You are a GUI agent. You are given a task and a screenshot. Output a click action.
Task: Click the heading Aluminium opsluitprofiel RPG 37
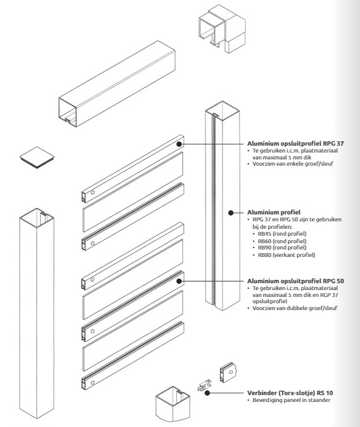pyautogui.click(x=296, y=144)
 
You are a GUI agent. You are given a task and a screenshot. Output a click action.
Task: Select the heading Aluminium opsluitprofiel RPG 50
pyautogui.click(x=296, y=281)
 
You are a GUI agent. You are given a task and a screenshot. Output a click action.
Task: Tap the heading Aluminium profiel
pyautogui.click(x=274, y=213)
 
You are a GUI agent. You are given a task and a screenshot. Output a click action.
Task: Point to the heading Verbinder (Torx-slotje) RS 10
pyautogui.click(x=290, y=393)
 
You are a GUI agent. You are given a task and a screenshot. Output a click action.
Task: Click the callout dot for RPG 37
pyautogui.click(x=179, y=144)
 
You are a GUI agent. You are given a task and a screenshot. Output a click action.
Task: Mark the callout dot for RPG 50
pyautogui.click(x=179, y=281)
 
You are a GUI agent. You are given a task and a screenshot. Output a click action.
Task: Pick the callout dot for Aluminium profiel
pyautogui.click(x=231, y=213)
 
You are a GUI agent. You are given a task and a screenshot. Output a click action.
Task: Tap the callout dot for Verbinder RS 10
pyautogui.click(x=207, y=393)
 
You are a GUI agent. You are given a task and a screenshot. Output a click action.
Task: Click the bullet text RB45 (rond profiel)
pyautogui.click(x=282, y=234)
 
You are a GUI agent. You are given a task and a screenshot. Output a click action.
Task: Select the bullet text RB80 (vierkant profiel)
pyautogui.click(x=286, y=255)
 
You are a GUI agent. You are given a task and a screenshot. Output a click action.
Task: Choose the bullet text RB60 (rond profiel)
pyautogui.click(x=282, y=241)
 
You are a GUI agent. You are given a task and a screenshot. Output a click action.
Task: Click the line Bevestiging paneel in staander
pyautogui.click(x=291, y=400)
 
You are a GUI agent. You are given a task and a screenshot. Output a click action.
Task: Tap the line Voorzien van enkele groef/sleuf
pyautogui.click(x=292, y=164)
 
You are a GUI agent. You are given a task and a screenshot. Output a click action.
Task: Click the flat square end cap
pyautogui.click(x=37, y=158)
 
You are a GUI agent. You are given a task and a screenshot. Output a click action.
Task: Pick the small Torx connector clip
pyautogui.click(x=204, y=386)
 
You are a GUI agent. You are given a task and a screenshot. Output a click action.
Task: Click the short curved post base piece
pyautogui.click(x=173, y=404)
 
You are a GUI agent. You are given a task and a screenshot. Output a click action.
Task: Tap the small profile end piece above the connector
pyautogui.click(x=229, y=373)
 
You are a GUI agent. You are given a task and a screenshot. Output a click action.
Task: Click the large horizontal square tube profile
pyautogui.click(x=117, y=84)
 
